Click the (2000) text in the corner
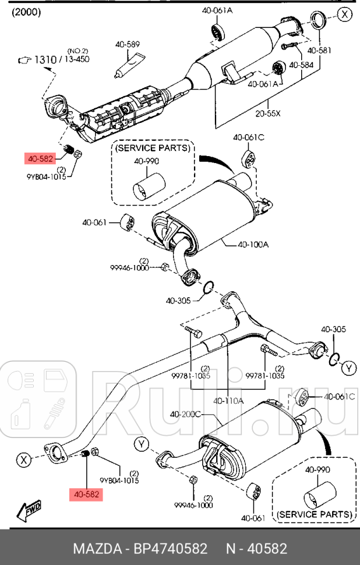point(26,12)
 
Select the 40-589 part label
point(128,44)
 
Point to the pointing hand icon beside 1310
point(23,59)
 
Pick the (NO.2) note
point(77,51)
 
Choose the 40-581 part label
point(320,50)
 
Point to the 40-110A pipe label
point(228,401)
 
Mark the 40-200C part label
point(185,414)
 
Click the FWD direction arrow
point(29,510)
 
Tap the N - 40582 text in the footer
point(257,549)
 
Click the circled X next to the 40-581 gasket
point(346,13)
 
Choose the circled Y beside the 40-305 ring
point(348,368)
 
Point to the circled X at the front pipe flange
point(23,460)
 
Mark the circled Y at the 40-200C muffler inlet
point(142,444)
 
